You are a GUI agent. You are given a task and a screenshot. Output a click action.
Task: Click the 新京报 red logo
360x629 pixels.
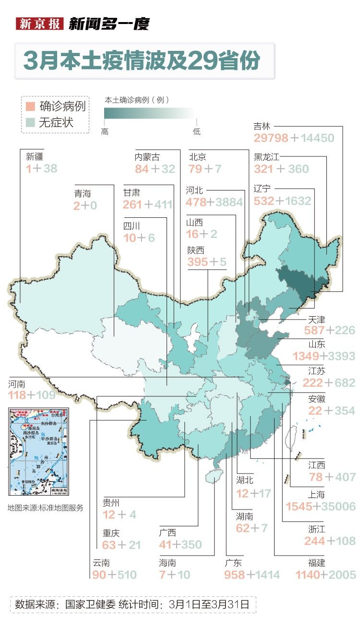click(x=40, y=24)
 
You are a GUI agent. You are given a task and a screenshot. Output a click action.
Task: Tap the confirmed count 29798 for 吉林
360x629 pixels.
click(x=271, y=138)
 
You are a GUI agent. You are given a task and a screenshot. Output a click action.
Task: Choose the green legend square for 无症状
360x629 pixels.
click(x=30, y=122)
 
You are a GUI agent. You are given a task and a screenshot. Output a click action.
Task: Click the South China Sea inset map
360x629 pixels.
click(x=38, y=451)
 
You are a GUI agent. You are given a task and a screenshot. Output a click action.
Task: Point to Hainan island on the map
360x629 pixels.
click(x=212, y=476)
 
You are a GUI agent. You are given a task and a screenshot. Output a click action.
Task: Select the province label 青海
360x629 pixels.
click(x=83, y=193)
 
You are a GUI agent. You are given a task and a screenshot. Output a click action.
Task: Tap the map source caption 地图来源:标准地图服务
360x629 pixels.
click(x=45, y=508)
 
